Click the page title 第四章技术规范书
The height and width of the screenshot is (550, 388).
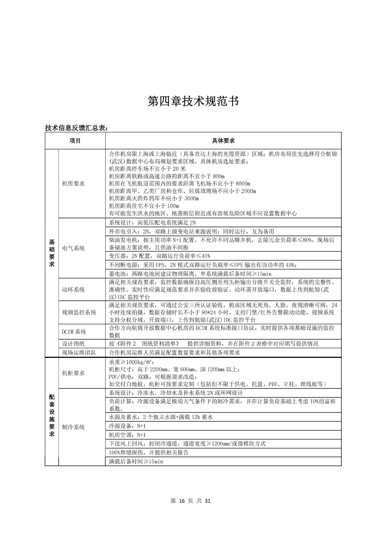193,101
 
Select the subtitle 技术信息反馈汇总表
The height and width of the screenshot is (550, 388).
77,128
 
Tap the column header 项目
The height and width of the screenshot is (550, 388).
75,141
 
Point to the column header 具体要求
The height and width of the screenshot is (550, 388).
223,141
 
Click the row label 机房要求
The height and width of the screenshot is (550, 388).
73,184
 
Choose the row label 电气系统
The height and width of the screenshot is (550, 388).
73,248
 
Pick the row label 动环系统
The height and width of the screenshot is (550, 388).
73,289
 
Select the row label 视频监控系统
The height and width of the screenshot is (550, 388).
79,312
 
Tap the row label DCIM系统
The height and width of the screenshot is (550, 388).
74,332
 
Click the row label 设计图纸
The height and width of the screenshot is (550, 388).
73,343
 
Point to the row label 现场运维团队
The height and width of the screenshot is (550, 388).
79,352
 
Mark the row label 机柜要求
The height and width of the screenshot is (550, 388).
73,373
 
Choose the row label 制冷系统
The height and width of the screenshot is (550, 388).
73,427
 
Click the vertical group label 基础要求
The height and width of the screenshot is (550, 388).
52,253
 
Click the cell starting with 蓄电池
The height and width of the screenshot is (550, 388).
190,274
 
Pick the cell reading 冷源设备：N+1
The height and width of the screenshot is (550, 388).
127,426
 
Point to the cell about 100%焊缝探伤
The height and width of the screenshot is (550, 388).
149,453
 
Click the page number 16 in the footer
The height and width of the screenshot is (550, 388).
181,501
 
